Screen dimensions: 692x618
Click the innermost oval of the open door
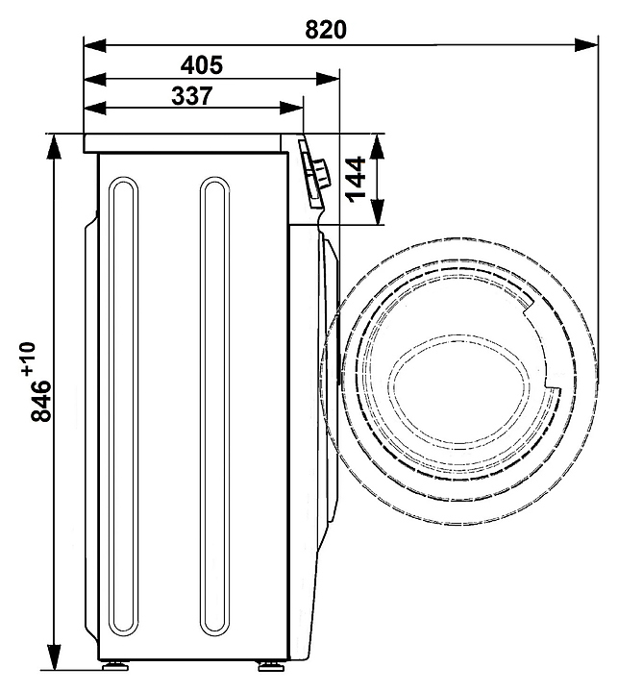[461, 388]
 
